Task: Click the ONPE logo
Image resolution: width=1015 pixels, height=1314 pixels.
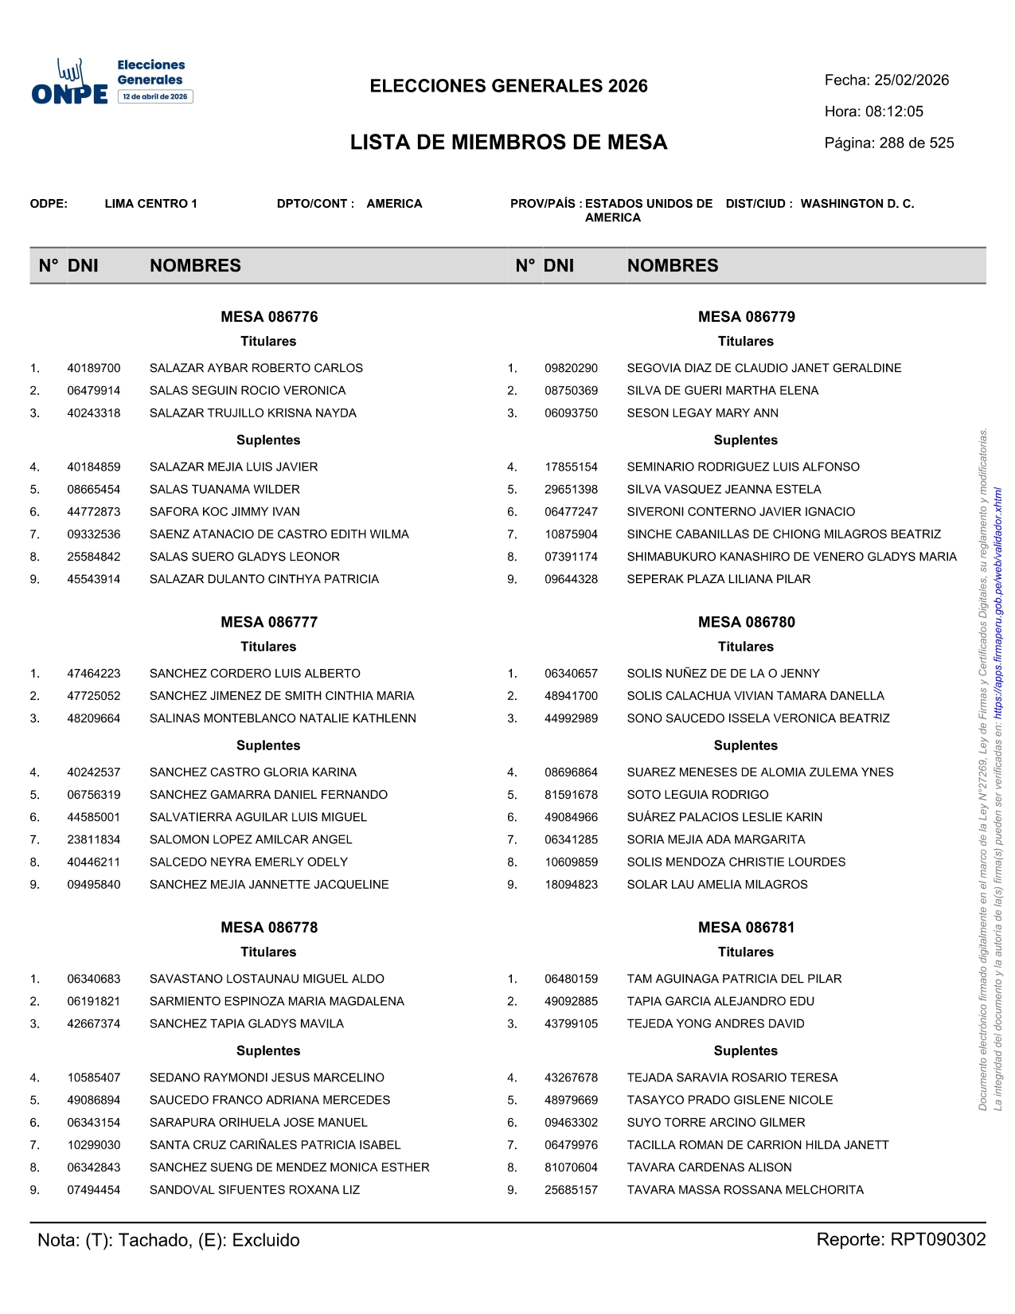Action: coord(70,84)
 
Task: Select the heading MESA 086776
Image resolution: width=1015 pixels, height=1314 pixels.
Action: coord(269,317)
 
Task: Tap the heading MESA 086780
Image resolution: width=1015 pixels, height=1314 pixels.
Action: coord(746,622)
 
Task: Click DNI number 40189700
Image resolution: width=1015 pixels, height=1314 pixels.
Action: coord(94,368)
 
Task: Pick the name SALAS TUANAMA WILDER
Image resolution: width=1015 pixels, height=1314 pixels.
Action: coord(224,489)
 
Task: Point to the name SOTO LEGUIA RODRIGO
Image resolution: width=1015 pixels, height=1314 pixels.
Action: coord(697,795)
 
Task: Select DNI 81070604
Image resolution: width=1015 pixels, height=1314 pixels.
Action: coord(571,1167)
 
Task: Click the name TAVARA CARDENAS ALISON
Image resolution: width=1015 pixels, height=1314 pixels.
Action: coord(709,1167)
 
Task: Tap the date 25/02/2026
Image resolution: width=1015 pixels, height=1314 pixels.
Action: coord(912,80)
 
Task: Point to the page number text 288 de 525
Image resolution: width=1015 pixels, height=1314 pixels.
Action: coord(916,143)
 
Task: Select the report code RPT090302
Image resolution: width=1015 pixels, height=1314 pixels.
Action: coord(938,1240)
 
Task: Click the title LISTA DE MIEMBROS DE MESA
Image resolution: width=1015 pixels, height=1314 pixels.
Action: coord(509,143)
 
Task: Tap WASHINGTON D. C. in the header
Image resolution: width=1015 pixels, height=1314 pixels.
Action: coord(857,204)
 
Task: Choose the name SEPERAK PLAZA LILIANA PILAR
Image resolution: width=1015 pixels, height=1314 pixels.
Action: coord(718,579)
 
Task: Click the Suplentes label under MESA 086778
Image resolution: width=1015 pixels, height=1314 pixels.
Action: coord(268,1051)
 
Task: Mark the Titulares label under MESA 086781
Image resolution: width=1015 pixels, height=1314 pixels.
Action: coord(745,952)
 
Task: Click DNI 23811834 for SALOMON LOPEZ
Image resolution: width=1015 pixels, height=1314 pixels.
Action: coord(94,839)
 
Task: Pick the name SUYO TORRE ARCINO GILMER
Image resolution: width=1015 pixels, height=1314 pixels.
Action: coord(716,1123)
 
